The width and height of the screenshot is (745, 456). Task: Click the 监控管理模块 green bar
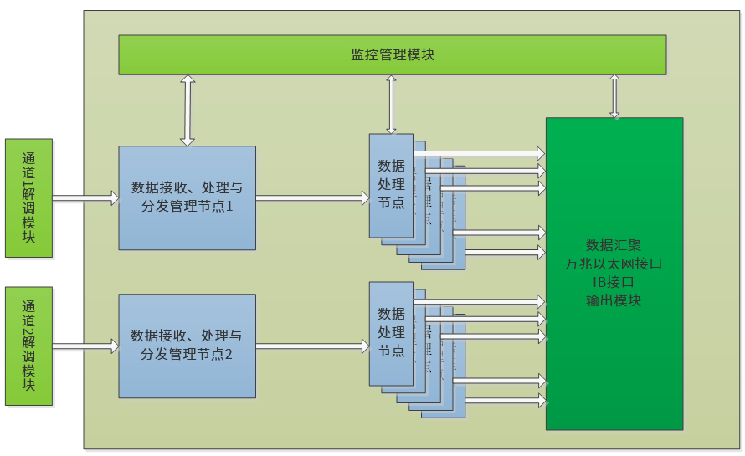pyautogui.click(x=392, y=54)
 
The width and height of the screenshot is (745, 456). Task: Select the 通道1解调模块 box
pyautogui.click(x=28, y=197)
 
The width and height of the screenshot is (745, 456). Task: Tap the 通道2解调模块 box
pyautogui.click(x=28, y=346)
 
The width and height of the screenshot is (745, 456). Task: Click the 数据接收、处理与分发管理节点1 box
pyautogui.click(x=187, y=197)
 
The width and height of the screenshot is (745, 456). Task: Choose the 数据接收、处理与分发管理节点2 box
pyautogui.click(x=187, y=346)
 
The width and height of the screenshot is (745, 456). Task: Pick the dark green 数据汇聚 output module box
pyautogui.click(x=614, y=351)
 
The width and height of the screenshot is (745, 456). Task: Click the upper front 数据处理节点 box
pyautogui.click(x=391, y=185)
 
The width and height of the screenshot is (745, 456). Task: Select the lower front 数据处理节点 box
pyautogui.click(x=391, y=333)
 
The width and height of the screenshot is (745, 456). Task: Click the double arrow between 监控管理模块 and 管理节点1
pyautogui.click(x=188, y=110)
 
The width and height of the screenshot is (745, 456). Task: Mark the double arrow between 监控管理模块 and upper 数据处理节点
pyautogui.click(x=391, y=104)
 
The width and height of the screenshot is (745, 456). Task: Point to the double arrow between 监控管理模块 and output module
pyautogui.click(x=614, y=96)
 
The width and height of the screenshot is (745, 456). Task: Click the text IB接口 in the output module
pyautogui.click(x=614, y=282)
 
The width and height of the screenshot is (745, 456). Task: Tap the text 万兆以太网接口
pyautogui.click(x=614, y=264)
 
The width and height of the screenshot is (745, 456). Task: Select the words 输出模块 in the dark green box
pyautogui.click(x=614, y=300)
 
